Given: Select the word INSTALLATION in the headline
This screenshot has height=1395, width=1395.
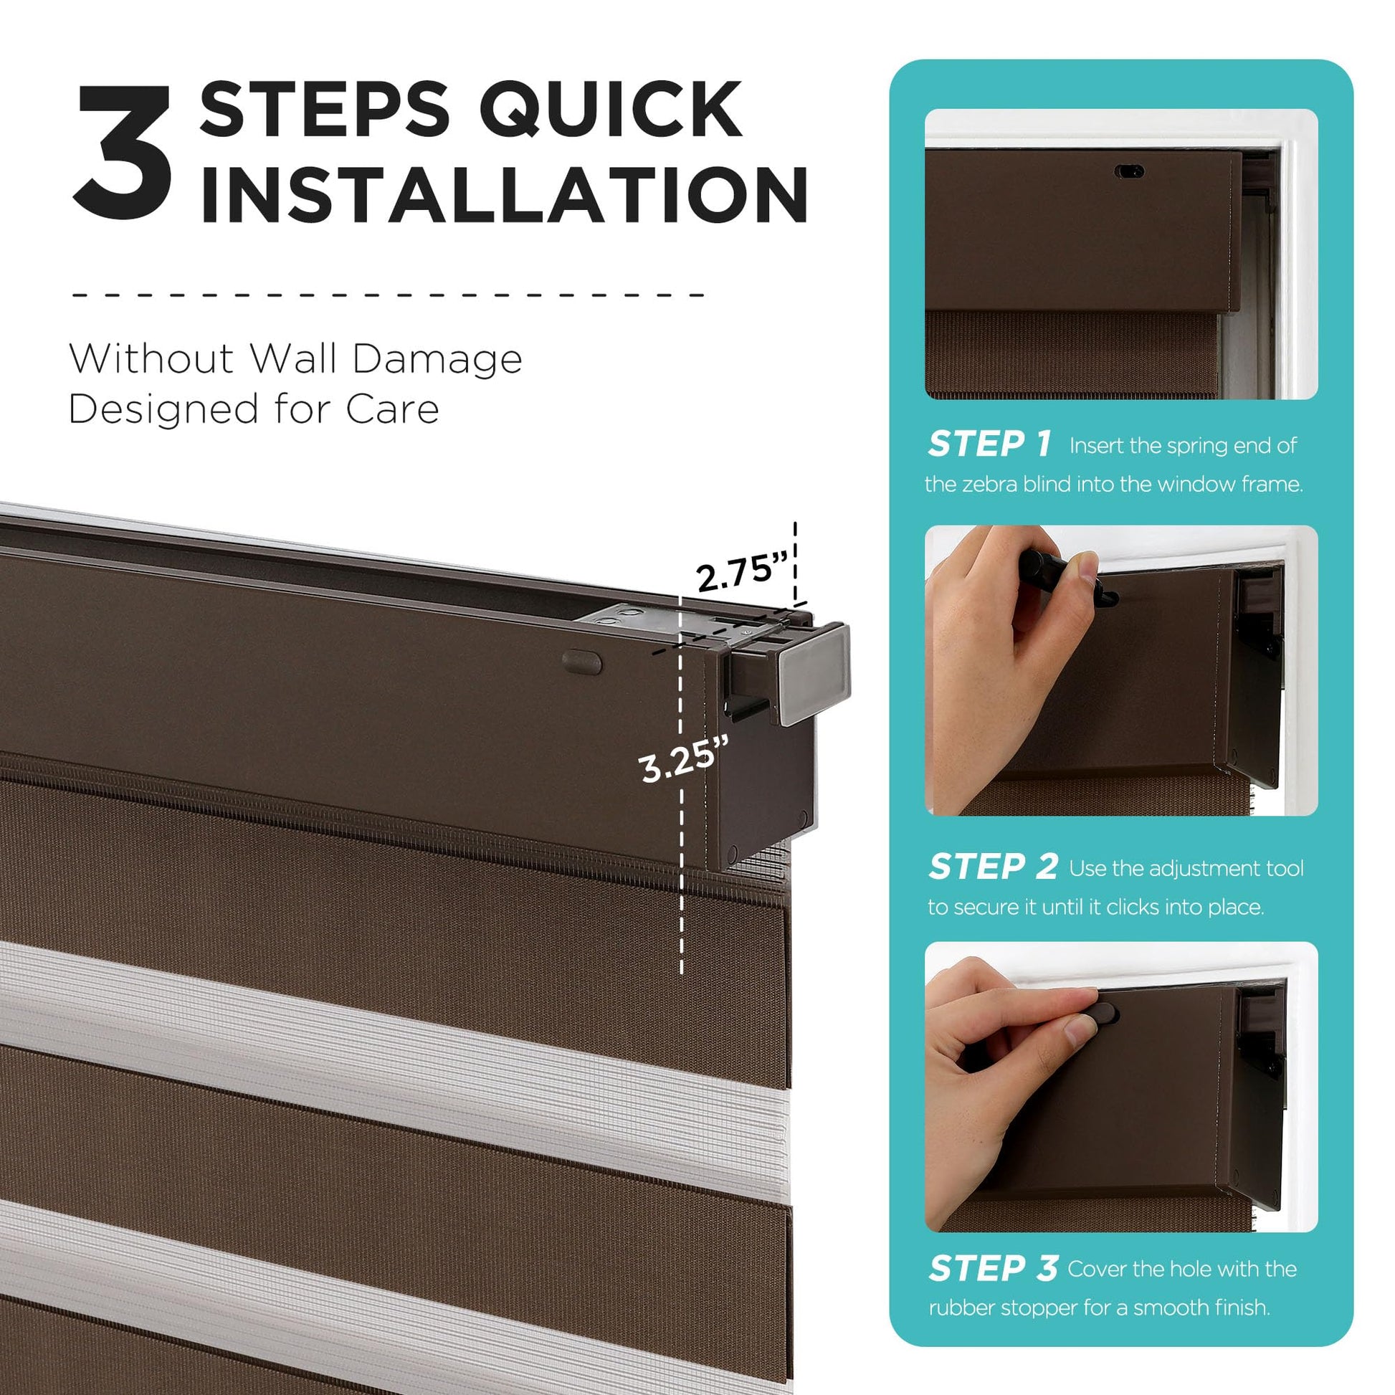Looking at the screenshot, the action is [x=504, y=194].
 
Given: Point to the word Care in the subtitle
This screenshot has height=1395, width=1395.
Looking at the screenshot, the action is [x=392, y=409].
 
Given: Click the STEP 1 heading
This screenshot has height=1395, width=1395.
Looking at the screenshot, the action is [x=990, y=444].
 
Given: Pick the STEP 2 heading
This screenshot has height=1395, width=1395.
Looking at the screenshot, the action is [x=993, y=867].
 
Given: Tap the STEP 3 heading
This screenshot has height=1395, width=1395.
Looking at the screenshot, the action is [x=993, y=1288].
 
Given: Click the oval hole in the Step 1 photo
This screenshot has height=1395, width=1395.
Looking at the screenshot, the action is [x=1128, y=172].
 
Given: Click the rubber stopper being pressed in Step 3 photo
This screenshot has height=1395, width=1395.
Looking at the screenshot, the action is [x=1105, y=1014].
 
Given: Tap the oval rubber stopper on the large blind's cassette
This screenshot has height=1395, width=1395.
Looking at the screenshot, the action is [x=582, y=662].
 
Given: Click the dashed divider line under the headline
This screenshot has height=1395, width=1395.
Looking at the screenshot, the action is [x=388, y=295].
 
